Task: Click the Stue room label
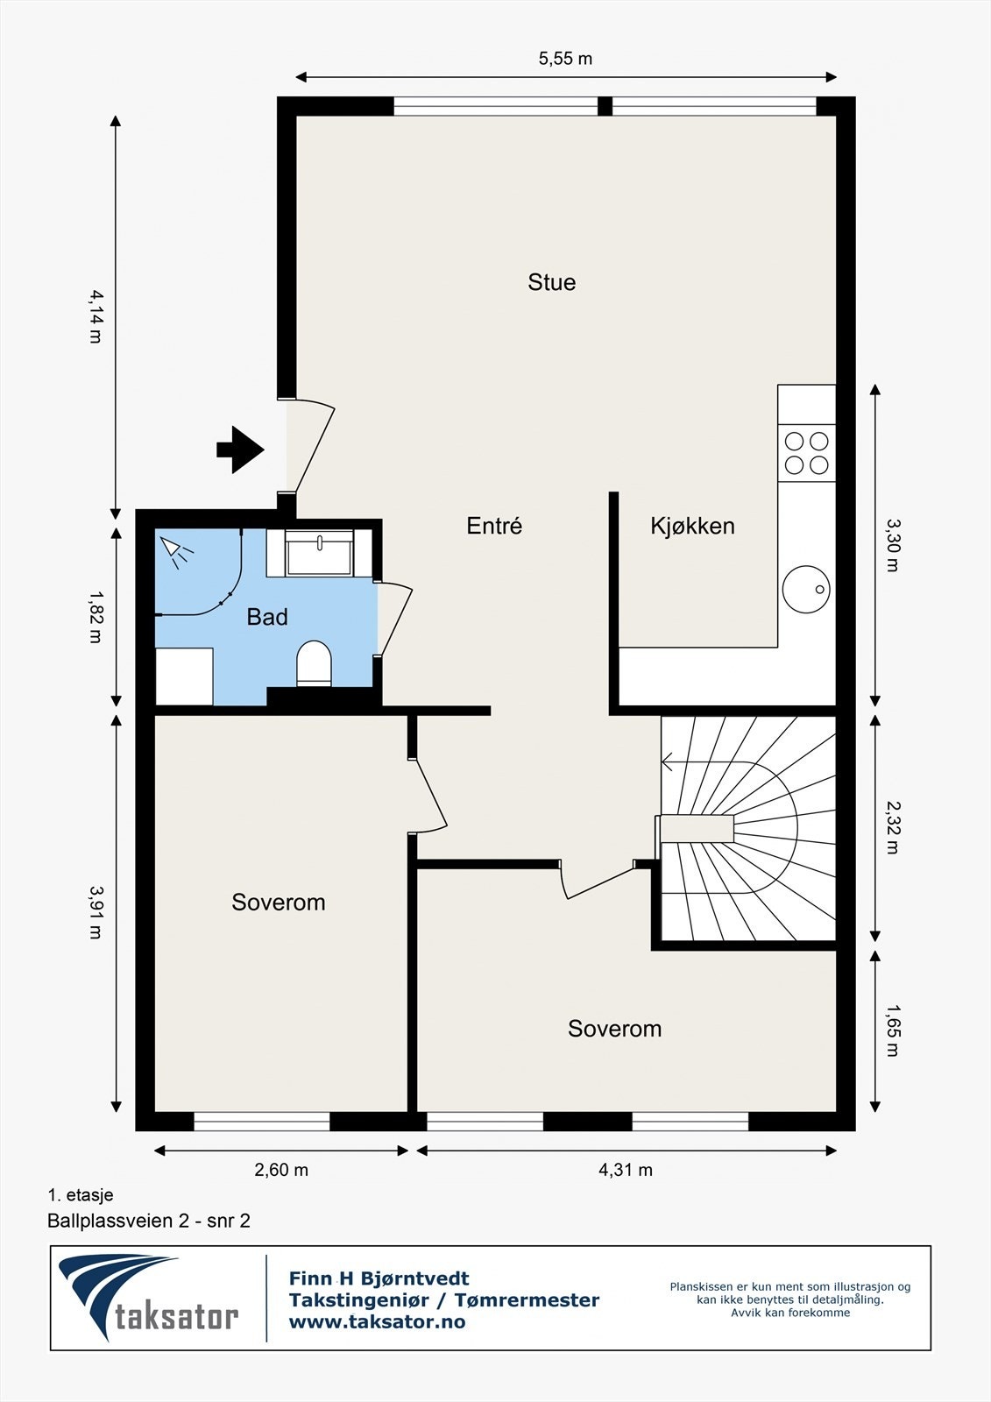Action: pos(551,282)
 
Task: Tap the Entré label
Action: pos(494,525)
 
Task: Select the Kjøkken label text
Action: pos(692,526)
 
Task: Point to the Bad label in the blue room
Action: pos(267,617)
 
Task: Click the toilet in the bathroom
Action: pos(314,663)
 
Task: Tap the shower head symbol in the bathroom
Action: pos(175,551)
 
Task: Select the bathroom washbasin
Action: pos(319,553)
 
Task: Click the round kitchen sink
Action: pos(806,589)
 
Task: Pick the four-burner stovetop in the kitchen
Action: pos(806,453)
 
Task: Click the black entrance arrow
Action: pos(240,450)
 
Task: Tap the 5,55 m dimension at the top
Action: pos(565,58)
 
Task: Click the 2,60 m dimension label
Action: pos(281,1170)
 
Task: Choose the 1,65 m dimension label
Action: pos(893,1030)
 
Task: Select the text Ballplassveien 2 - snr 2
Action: pos(149,1221)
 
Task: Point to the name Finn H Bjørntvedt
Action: pos(379,1278)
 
